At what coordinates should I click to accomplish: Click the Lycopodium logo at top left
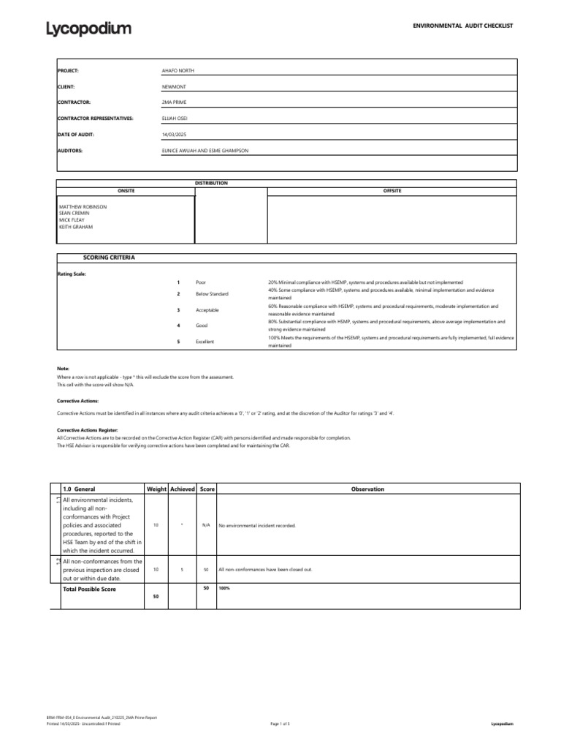click(89, 29)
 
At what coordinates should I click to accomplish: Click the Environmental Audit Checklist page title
click(464, 26)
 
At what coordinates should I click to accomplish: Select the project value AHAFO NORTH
click(178, 71)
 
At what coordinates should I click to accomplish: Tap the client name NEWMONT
click(174, 86)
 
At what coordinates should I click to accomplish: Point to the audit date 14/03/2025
click(174, 135)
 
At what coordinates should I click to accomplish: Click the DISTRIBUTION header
click(211, 183)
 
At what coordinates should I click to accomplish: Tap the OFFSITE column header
click(392, 191)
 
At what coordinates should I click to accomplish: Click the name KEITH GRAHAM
click(77, 227)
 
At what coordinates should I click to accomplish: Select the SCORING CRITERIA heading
click(109, 258)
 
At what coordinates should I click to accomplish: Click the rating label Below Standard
click(212, 294)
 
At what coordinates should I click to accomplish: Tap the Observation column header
click(367, 489)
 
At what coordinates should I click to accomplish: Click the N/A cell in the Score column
click(206, 525)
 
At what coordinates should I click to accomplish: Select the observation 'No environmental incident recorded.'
click(257, 525)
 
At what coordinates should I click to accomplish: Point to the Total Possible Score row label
click(89, 589)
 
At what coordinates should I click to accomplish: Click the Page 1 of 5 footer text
click(280, 723)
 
